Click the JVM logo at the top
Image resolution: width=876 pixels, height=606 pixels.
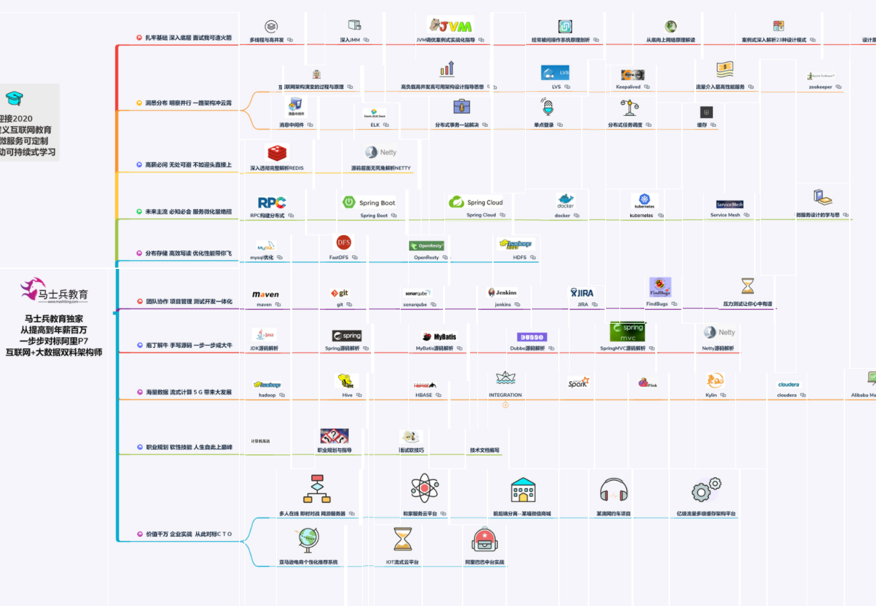450,25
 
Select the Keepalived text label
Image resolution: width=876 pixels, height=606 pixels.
628,87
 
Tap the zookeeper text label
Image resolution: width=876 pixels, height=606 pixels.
821,87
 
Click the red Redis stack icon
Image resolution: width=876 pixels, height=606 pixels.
277,153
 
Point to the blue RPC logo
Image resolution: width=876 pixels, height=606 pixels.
272,202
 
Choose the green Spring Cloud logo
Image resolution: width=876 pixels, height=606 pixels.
476,202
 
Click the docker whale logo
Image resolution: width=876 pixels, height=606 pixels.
565,202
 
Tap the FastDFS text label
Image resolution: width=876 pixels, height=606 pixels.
339,257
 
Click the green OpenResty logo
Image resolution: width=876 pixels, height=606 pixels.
426,245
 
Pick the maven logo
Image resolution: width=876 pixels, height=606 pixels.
265,295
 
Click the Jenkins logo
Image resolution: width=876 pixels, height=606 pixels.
502,293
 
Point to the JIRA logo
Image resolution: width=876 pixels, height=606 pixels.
582,293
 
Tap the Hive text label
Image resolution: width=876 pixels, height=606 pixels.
347,395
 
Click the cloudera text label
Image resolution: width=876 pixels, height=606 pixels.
786,395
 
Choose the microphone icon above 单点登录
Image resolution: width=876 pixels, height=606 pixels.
547,107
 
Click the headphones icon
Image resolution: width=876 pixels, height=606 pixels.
613,490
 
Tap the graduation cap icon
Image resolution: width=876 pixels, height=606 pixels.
14,98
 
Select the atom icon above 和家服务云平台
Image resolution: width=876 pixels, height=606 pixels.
424,487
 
